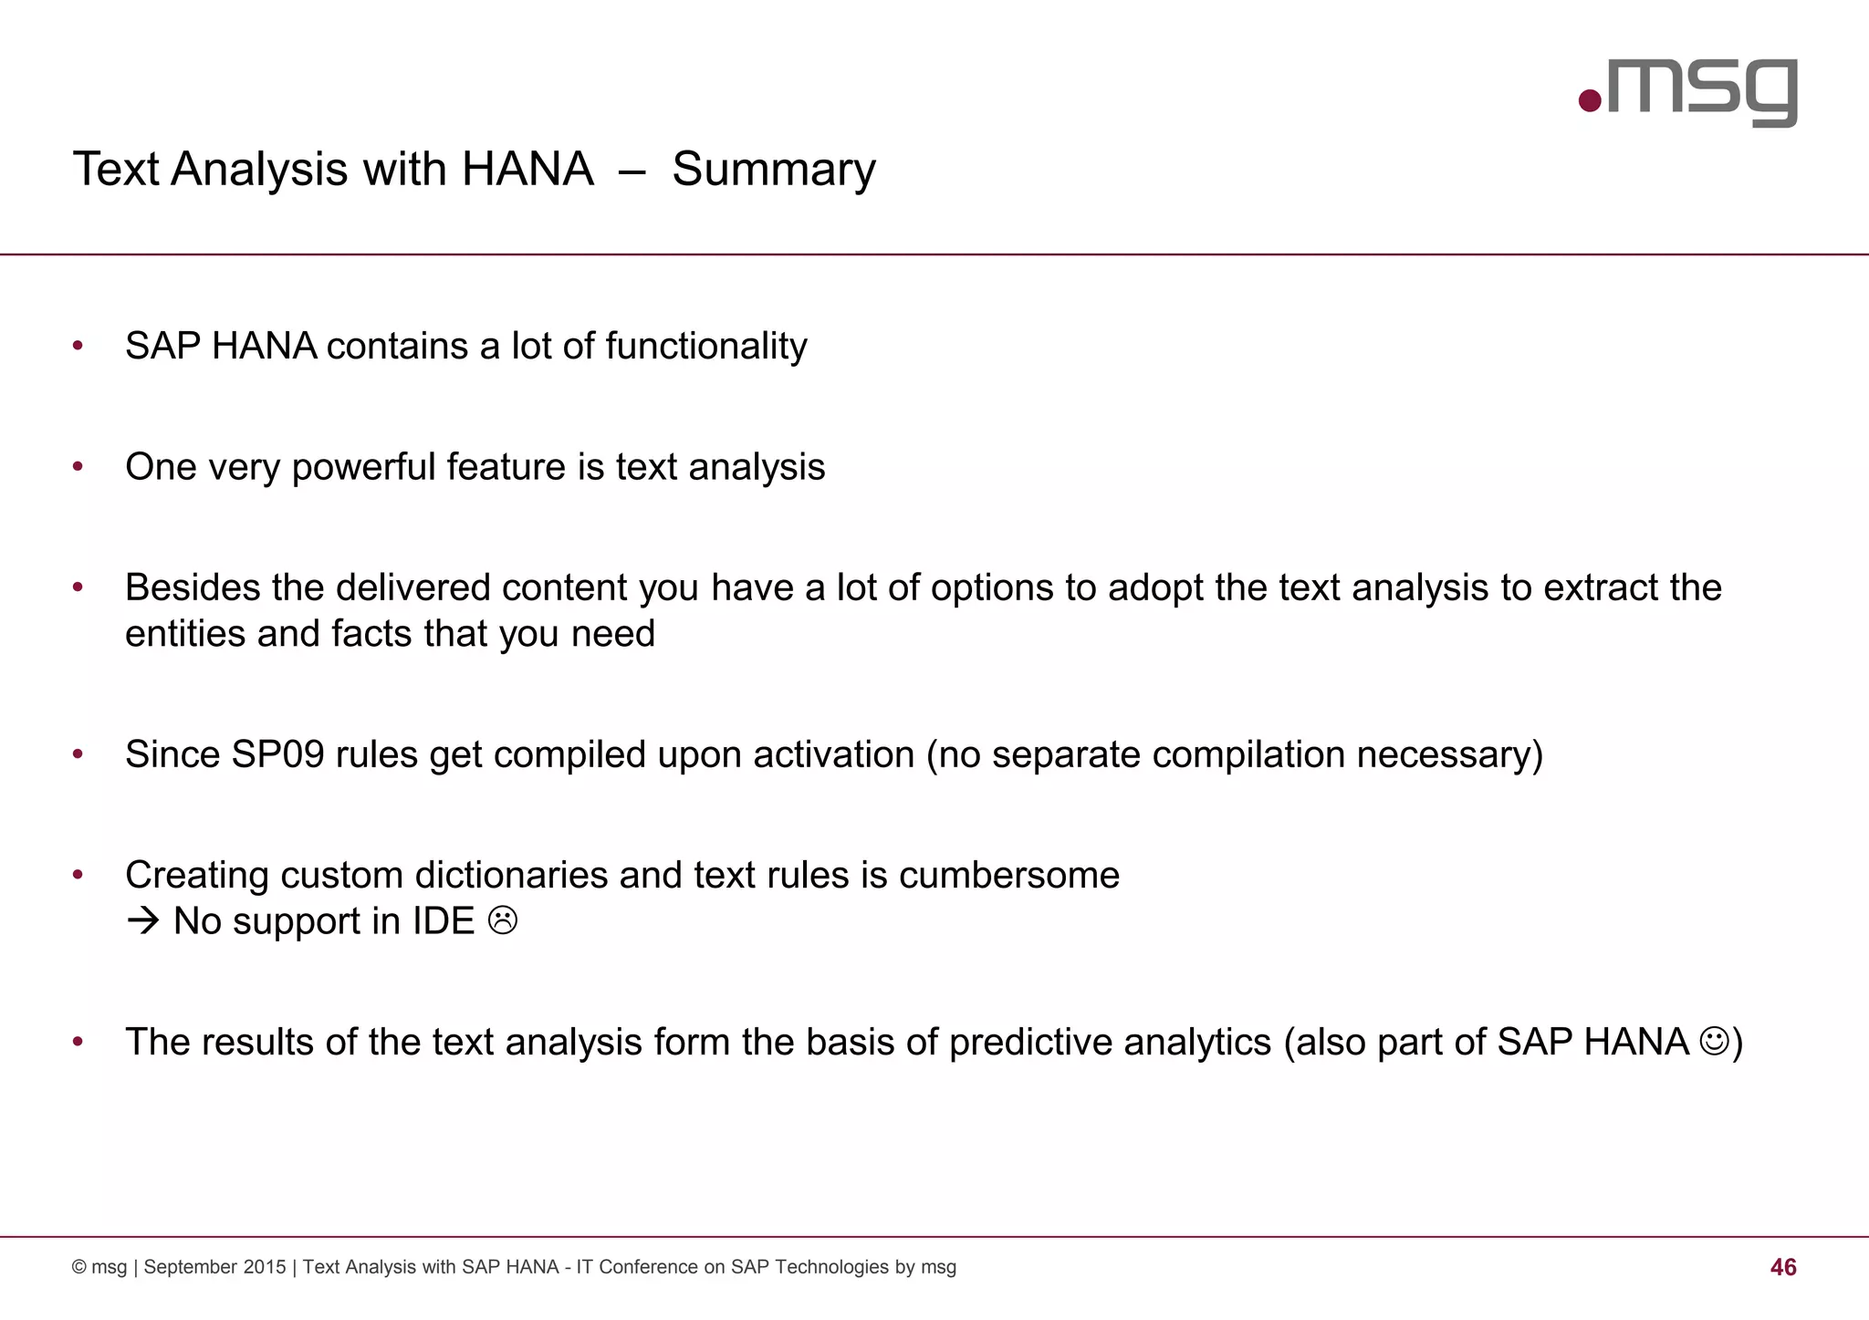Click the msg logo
click(1688, 90)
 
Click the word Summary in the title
click(773, 170)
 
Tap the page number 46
click(1782, 1267)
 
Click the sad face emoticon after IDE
click(503, 920)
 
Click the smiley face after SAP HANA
click(1715, 1041)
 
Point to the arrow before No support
click(143, 921)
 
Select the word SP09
click(277, 755)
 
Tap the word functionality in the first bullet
click(705, 347)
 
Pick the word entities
click(185, 634)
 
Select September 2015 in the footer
click(214, 1267)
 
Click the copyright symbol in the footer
click(79, 1267)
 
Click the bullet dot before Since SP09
click(78, 754)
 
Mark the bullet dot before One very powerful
click(78, 467)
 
